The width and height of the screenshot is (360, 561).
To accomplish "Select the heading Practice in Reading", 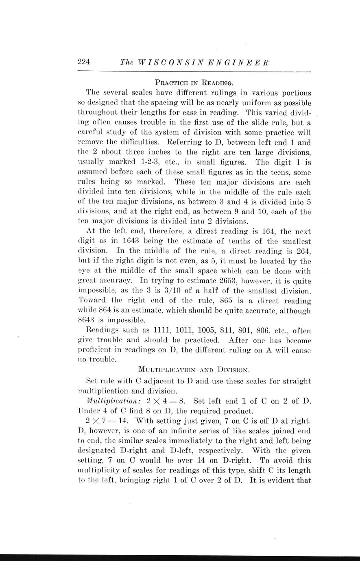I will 194,83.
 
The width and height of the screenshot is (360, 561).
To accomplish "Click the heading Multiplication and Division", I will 194,370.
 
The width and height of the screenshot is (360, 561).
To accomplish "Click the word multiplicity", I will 98,470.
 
